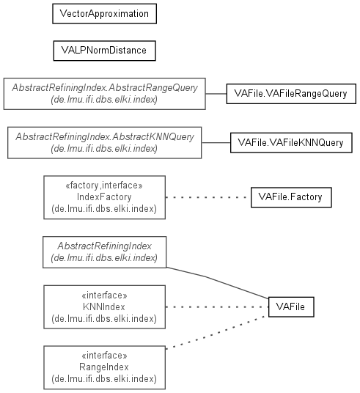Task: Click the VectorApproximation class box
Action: point(105,14)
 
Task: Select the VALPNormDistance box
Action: point(105,51)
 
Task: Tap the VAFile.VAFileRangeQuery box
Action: point(291,94)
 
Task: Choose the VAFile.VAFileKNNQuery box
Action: point(291,143)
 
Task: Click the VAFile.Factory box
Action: point(291,197)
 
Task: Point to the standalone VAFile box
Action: point(291,306)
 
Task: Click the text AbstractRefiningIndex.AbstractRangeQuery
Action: point(105,88)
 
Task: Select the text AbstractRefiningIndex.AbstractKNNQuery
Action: point(105,137)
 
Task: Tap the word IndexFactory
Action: point(104,197)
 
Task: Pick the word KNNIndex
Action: point(104,306)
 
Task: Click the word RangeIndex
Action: point(104,367)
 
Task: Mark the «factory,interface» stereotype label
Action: point(104,186)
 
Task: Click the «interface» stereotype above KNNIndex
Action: point(104,295)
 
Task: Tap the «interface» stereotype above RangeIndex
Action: point(104,356)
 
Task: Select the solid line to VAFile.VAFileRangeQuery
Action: point(216,94)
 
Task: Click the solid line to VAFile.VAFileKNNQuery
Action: point(216,143)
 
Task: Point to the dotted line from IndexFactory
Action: point(208,197)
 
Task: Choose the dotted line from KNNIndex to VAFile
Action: point(217,306)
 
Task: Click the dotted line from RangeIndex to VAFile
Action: point(216,332)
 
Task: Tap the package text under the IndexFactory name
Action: point(104,209)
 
